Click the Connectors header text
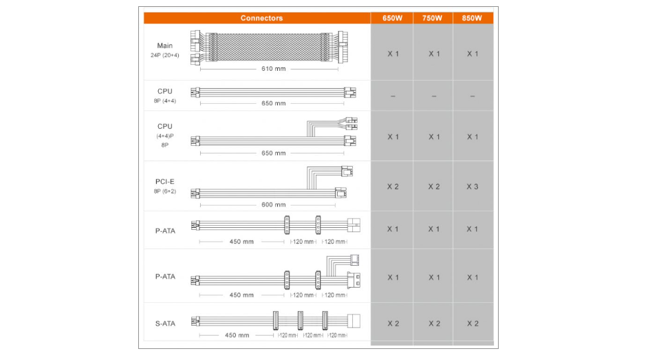coord(261,19)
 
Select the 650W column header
coord(392,19)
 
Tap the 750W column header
coord(432,19)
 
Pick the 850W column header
coord(472,19)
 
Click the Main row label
coord(164,45)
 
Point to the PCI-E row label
coord(164,182)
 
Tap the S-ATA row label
coord(165,324)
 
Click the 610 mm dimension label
coord(273,69)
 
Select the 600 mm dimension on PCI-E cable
coord(273,205)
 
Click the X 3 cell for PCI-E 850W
coord(473,187)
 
